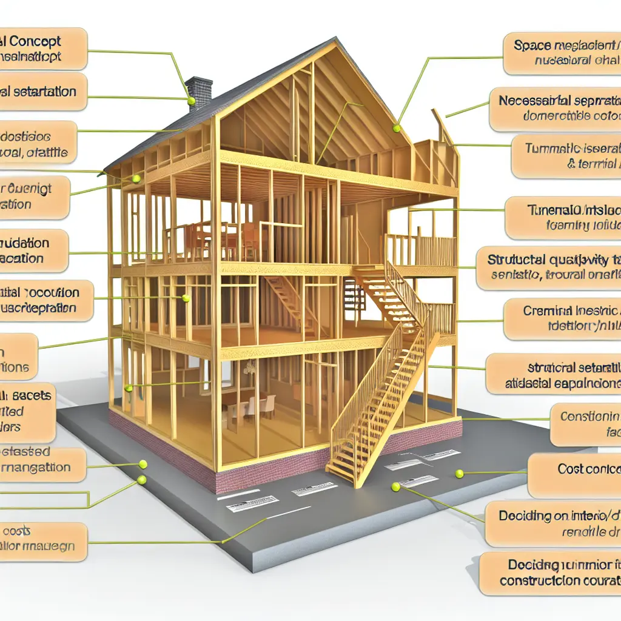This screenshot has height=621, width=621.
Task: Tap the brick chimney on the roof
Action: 199,91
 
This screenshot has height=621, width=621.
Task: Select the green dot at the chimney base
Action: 191,101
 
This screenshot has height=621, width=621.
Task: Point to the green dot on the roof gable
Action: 397,129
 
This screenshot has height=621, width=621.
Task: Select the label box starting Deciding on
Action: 552,523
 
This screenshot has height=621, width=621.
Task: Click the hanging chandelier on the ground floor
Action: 249,367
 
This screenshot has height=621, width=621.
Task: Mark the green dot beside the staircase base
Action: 396,486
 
